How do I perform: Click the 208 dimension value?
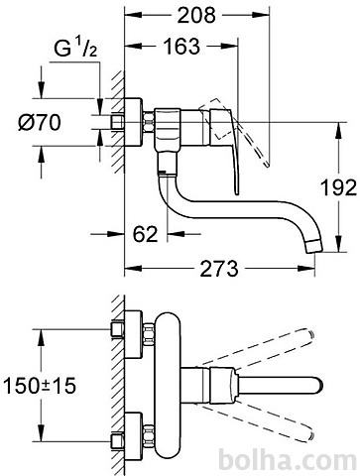pos(196,15)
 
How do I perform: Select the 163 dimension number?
pos(181,47)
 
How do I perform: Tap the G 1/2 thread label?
pos(75,49)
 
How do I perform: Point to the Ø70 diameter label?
pos(40,122)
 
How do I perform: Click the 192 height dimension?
pos(339,187)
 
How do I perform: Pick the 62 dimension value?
pos(146,234)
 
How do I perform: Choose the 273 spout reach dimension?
pos(219,269)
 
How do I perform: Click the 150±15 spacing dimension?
pos(40,386)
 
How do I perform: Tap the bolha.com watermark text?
pos(288,460)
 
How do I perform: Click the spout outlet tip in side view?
pos(313,247)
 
